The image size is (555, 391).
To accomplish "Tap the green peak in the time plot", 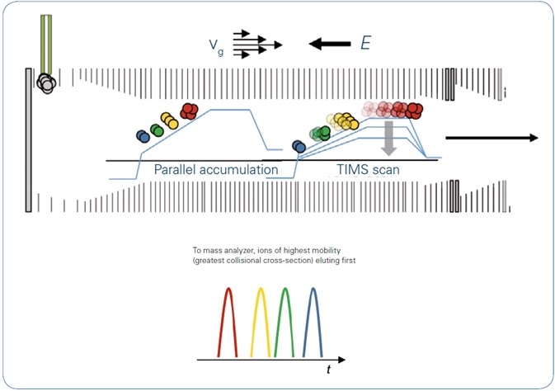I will pyautogui.click(x=285, y=323).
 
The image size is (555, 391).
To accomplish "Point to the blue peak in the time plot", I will pyautogui.click(x=314, y=323).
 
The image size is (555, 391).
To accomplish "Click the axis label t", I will pyautogui.click(x=329, y=370).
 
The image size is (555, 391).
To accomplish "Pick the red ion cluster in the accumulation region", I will pyautogui.click(x=190, y=111).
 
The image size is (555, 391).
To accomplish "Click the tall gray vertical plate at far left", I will pyautogui.click(x=29, y=140).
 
